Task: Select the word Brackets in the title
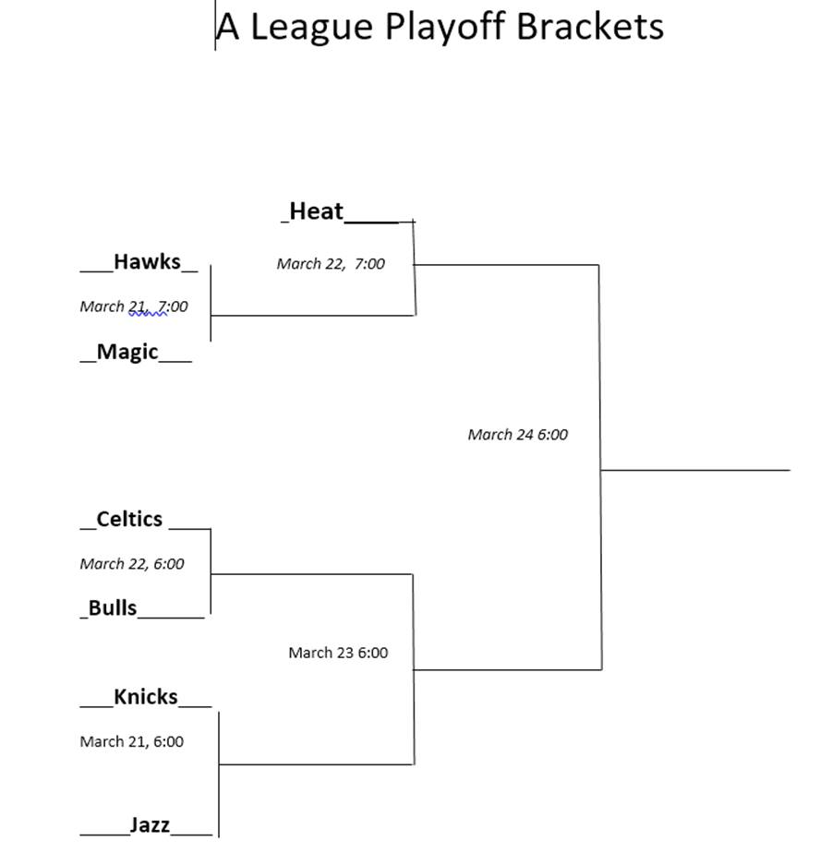coord(590,26)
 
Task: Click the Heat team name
coord(316,211)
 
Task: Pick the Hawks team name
coord(147,261)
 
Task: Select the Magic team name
coord(127,353)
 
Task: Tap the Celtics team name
coord(129,519)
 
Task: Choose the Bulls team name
coord(112,607)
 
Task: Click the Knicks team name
coord(146,697)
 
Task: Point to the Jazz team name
coord(150,825)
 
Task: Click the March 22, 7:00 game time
coord(331,264)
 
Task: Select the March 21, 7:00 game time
coord(134,306)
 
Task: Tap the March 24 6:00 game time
coord(518,435)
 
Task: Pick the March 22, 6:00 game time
coord(132,564)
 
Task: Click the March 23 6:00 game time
coord(339,653)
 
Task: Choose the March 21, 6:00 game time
coord(132,741)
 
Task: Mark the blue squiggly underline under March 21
coord(148,314)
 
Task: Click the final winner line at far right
coord(695,470)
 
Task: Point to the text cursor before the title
coord(215,25)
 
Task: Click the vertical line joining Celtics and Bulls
coord(211,571)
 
